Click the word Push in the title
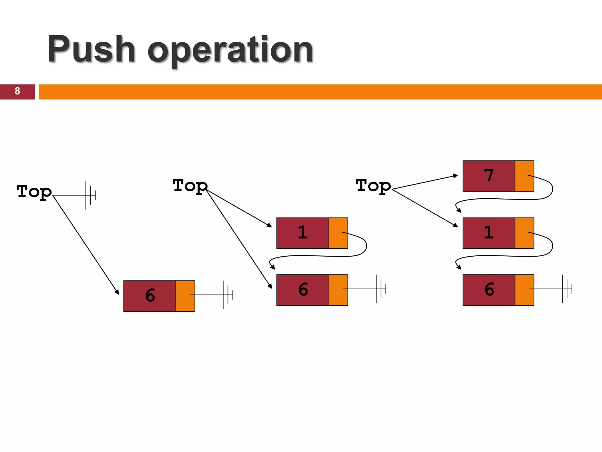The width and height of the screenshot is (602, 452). point(91,49)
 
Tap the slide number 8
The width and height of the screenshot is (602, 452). point(17,91)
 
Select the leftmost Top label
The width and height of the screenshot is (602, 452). point(34,192)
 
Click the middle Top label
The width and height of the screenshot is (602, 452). point(190,186)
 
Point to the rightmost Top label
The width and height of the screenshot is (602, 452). point(373,186)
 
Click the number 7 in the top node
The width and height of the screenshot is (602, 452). point(489,176)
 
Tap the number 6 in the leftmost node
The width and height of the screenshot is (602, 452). point(150,295)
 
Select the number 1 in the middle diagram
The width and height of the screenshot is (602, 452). point(302,233)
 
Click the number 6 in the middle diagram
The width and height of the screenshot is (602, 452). point(303,290)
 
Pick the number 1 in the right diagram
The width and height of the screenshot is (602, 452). point(489,233)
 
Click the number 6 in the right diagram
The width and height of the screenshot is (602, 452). point(489,290)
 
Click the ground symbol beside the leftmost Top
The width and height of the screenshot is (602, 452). point(90,195)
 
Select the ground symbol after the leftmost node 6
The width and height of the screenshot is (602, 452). point(228,295)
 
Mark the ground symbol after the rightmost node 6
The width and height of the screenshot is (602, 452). point(567,289)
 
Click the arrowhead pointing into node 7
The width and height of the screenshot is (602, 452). point(456,176)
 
